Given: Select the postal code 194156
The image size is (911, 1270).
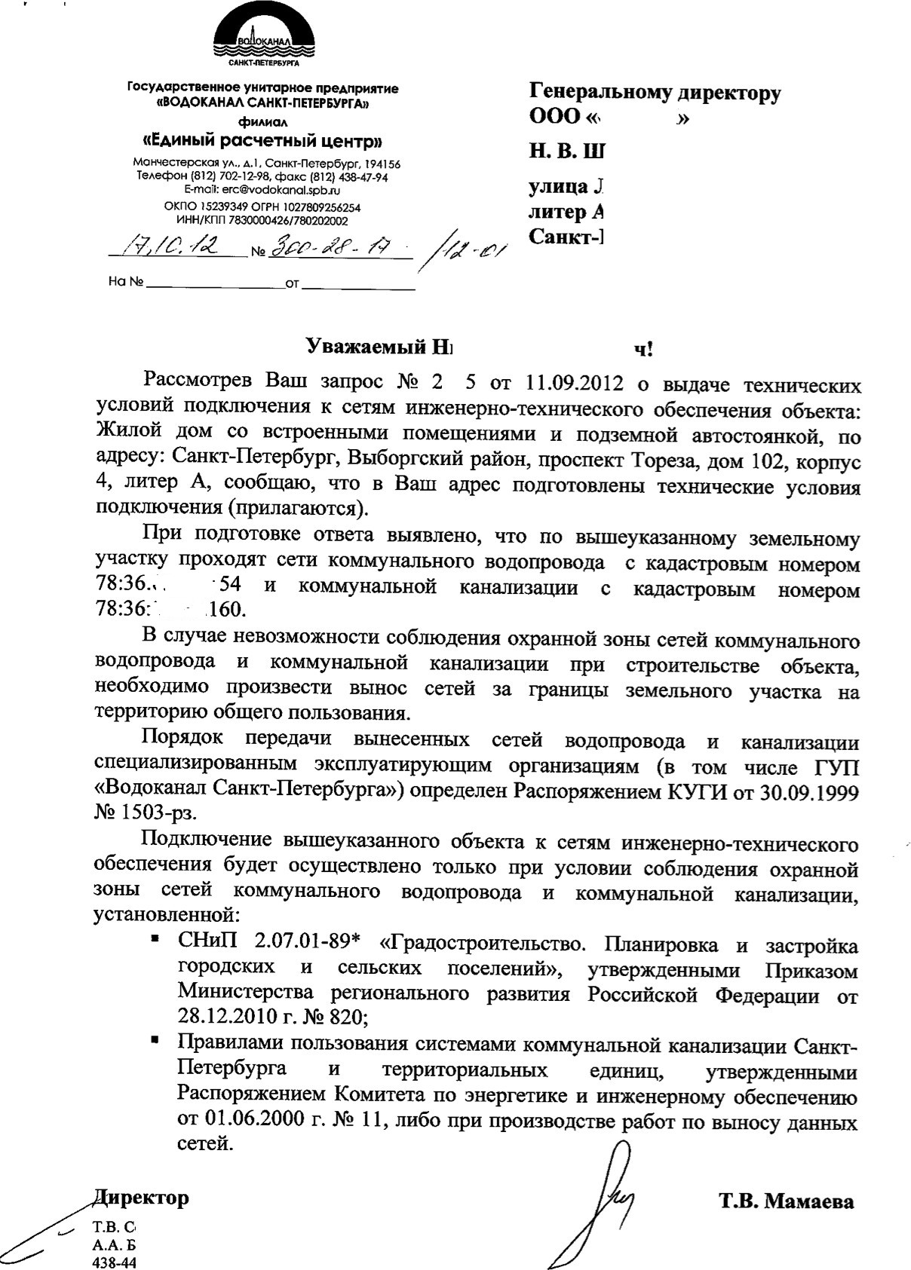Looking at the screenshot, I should [382, 164].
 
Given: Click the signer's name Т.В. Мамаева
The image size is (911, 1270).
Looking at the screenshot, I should [787, 1201].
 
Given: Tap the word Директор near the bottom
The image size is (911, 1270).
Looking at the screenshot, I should [140, 1197].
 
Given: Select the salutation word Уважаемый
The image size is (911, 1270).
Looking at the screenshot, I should [361, 347].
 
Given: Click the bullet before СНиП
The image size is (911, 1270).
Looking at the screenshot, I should [155, 939].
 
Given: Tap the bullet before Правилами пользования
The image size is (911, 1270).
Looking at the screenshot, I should [155, 1041].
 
